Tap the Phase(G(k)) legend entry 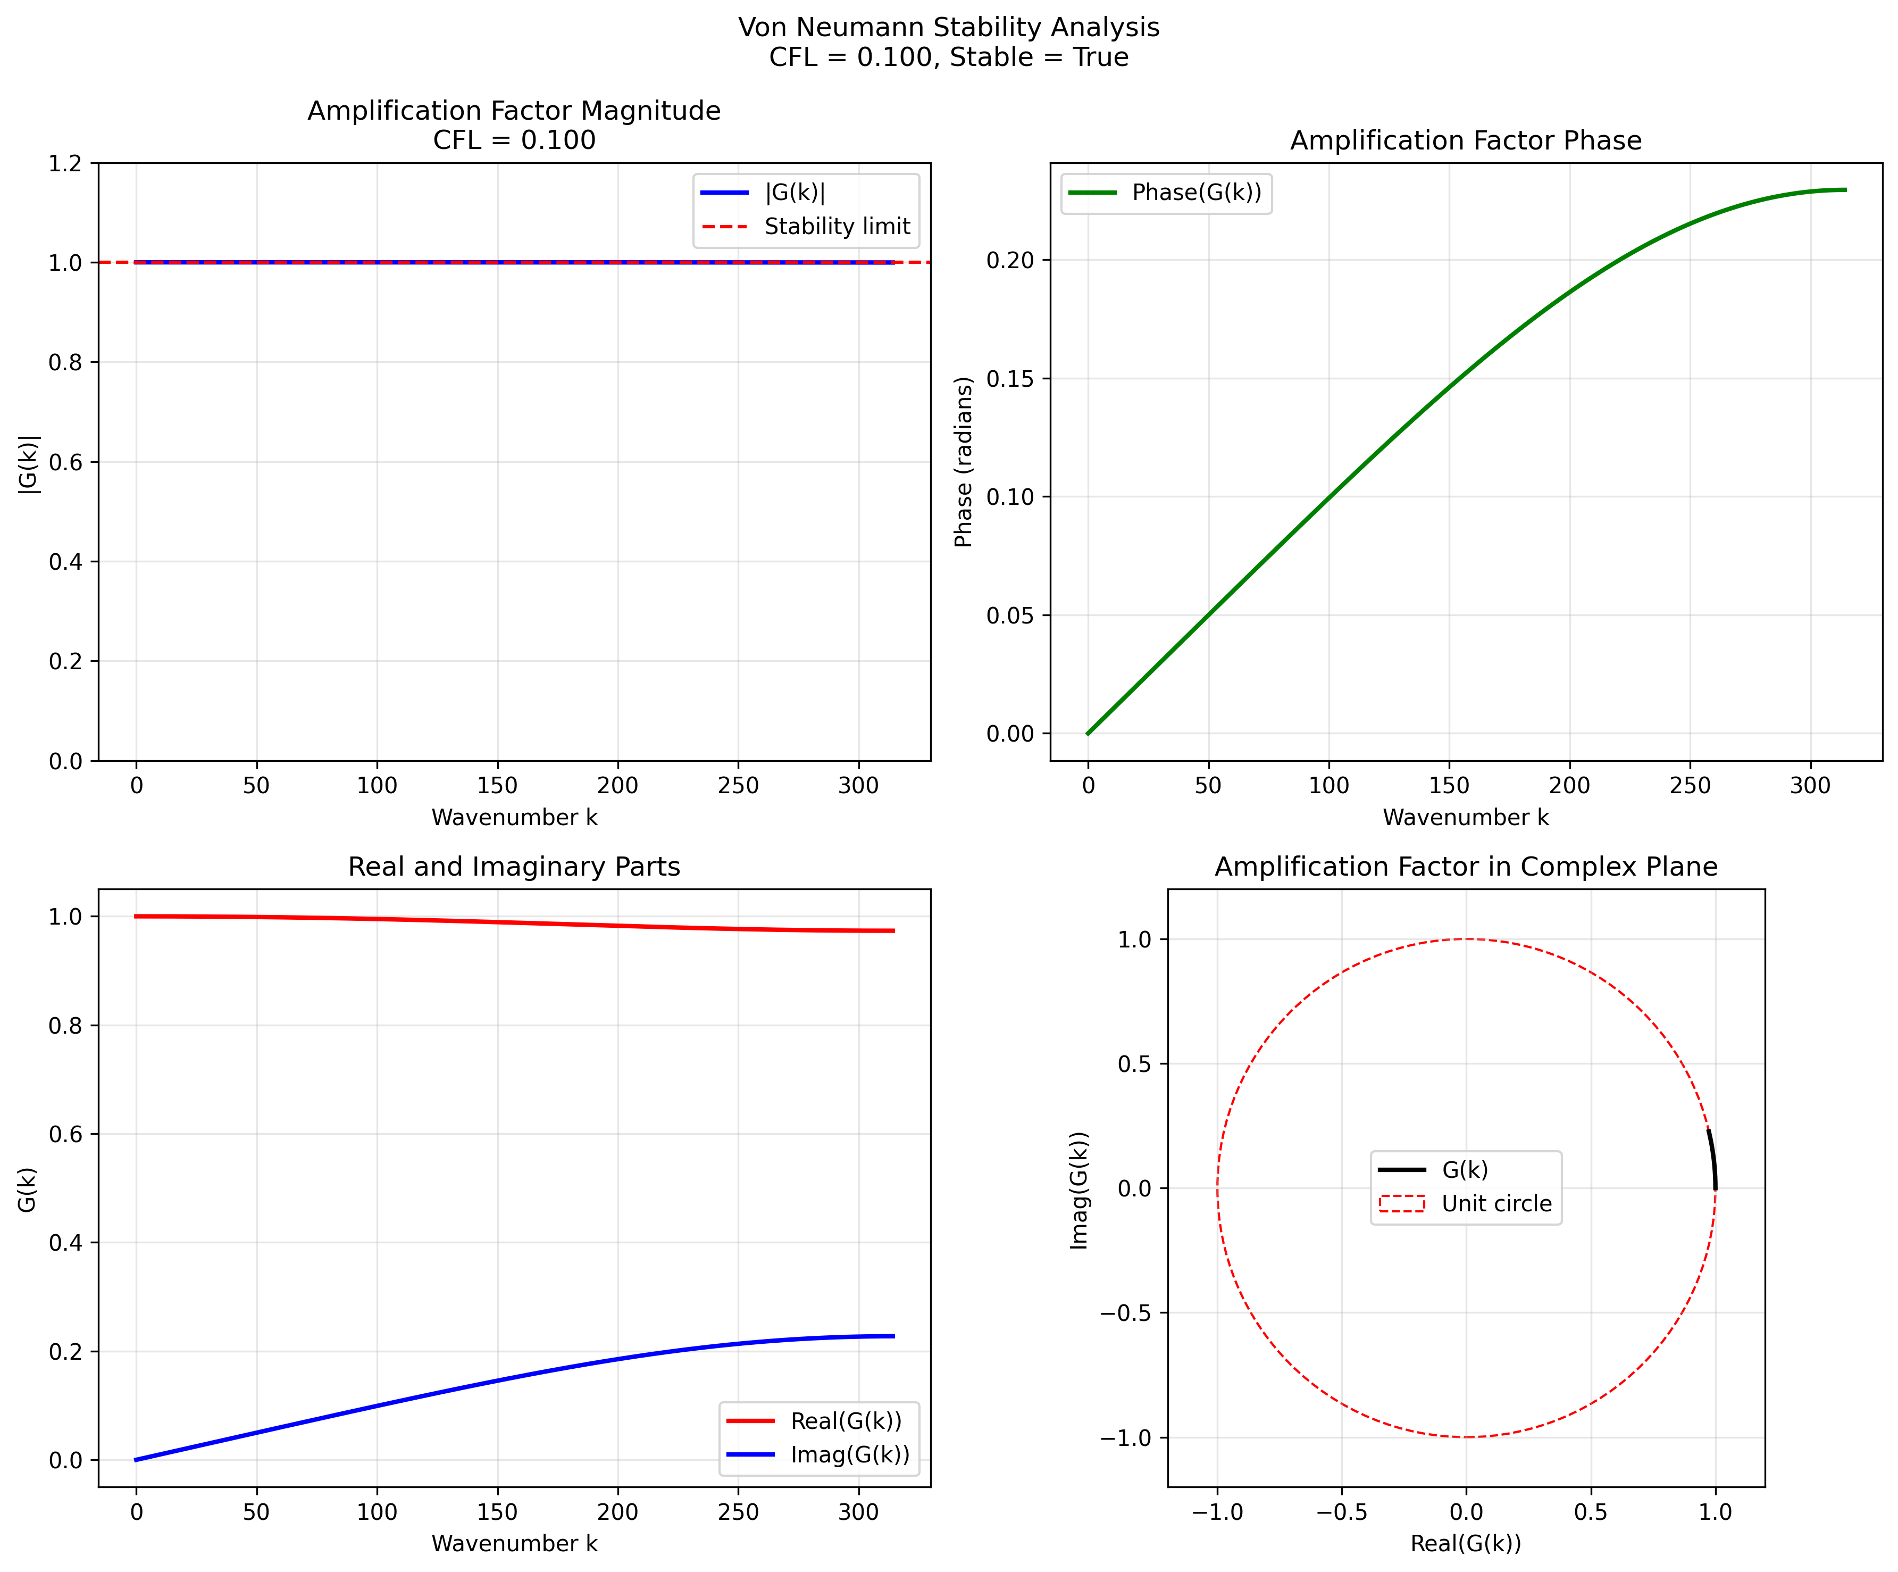(x=1195, y=193)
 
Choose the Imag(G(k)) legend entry (x=850, y=1454)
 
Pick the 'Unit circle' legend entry (x=1496, y=1203)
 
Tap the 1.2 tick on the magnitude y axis (x=65, y=164)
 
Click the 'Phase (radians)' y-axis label (x=964, y=462)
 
